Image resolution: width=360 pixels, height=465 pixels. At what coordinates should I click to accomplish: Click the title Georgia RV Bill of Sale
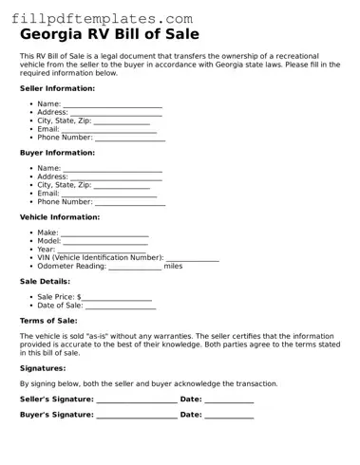point(109,35)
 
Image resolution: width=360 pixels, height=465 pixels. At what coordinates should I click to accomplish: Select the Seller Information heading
point(57,88)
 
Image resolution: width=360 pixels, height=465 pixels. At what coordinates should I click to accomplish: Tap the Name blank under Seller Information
point(112,103)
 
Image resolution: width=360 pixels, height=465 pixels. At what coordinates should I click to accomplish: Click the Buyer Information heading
point(57,153)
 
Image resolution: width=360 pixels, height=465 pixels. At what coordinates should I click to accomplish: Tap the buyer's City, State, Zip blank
point(122,185)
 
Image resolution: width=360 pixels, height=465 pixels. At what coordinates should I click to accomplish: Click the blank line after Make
point(104,232)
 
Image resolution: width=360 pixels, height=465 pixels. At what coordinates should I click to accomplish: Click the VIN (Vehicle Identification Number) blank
point(193,258)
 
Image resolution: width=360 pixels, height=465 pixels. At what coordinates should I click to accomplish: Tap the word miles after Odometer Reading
point(173,267)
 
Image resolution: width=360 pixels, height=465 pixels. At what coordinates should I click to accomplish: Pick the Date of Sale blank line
point(121,306)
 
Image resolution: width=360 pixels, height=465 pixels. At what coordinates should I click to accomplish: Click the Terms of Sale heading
point(48,321)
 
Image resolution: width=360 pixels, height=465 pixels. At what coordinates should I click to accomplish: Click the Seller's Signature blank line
point(136,400)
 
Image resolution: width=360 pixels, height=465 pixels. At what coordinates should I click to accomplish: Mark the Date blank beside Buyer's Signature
point(229,415)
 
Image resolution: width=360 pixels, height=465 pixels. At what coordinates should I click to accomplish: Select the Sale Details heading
point(45,282)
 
